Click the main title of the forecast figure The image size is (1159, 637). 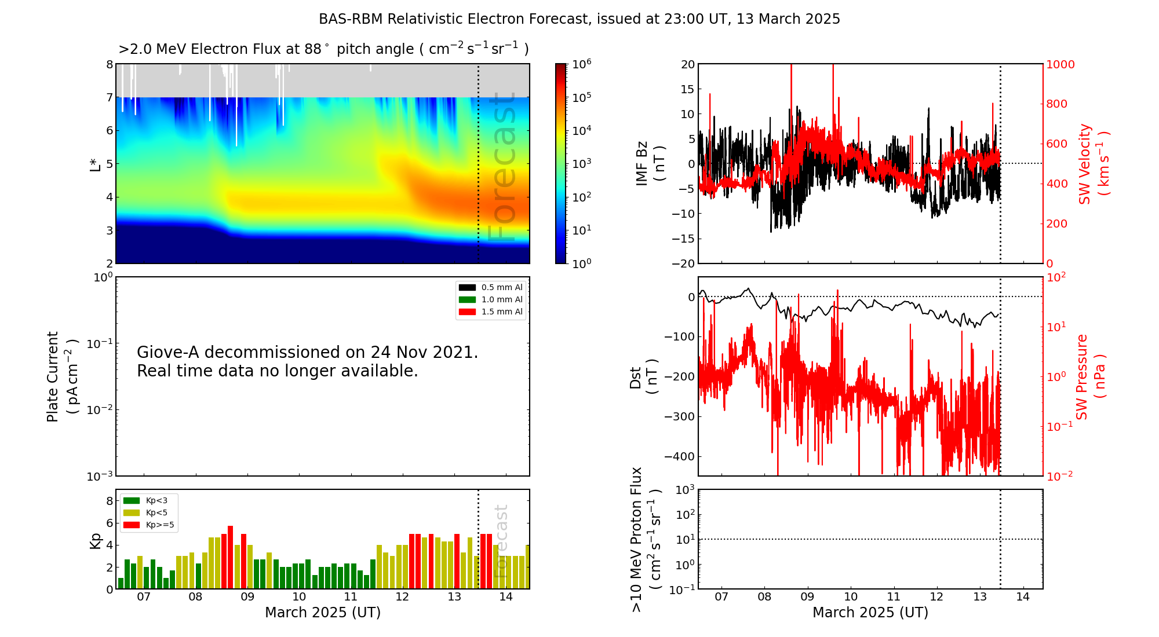tap(579, 19)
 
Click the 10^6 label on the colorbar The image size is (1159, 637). tap(581, 64)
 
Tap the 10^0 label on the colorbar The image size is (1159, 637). tap(581, 263)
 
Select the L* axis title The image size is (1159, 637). tap(95, 164)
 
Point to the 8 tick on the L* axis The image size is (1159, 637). tap(110, 64)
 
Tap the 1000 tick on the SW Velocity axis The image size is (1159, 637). tap(1060, 64)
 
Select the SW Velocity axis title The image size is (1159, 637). tap(1093, 164)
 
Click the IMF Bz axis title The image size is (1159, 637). tap(650, 164)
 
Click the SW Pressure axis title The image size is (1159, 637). tap(1090, 376)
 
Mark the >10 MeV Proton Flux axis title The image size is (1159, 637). tap(645, 539)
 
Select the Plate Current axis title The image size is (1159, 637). tap(61, 376)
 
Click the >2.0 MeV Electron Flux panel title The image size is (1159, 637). tap(323, 49)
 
